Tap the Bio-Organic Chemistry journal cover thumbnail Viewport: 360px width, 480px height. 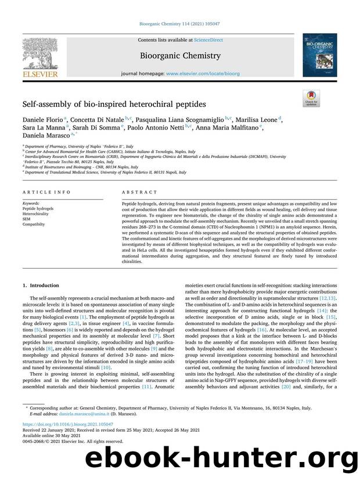tap(319, 55)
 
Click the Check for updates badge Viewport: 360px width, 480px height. tap(311, 98)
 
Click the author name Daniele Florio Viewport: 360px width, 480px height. tap(44, 120)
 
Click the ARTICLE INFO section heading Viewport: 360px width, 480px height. tap(46, 192)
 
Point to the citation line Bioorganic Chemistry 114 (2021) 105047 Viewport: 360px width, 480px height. tap(179, 25)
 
